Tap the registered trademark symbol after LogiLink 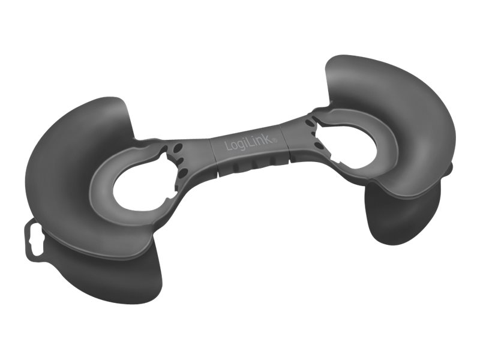(275, 140)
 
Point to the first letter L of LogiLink (229, 146)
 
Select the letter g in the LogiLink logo (242, 145)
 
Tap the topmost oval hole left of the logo (177, 149)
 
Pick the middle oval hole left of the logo (181, 161)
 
